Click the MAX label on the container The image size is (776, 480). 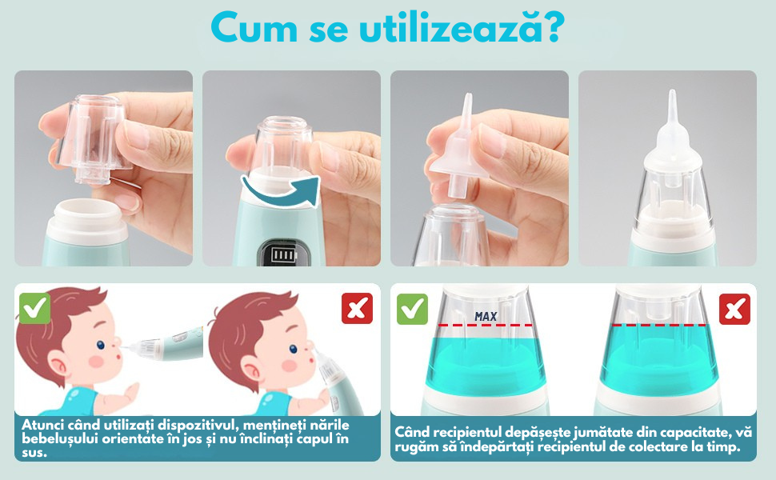point(486,316)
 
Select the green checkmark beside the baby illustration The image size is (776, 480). point(34,308)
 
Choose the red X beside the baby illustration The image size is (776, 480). point(357,308)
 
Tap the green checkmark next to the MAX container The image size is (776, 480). point(412,310)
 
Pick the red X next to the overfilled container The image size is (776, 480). point(734,310)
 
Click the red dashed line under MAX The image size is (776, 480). point(486,325)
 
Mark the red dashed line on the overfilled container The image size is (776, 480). point(659,325)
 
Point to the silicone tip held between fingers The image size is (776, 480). point(460,149)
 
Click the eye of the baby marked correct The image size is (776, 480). point(101,345)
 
